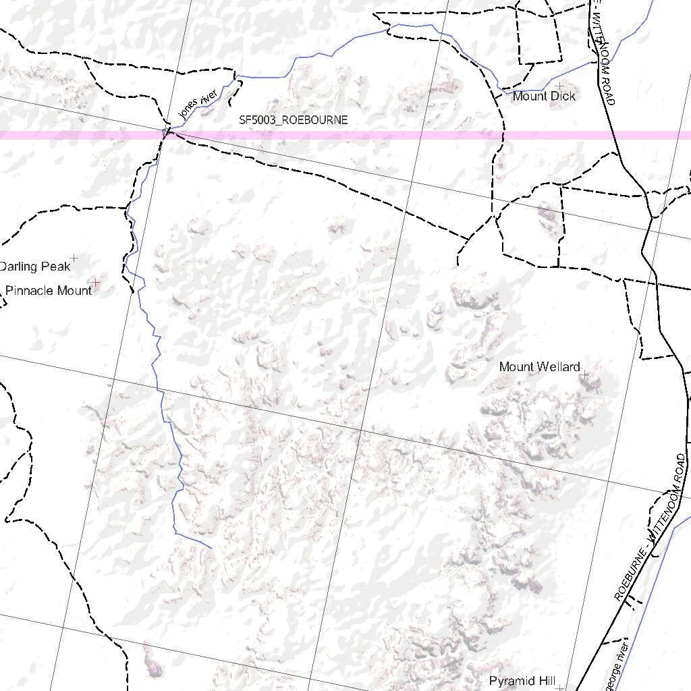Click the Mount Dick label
(544, 96)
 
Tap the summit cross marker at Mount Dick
(559, 86)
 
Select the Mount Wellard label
(539, 367)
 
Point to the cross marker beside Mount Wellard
(584, 373)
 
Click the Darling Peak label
(34, 267)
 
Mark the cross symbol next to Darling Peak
(74, 258)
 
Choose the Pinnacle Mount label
(48, 291)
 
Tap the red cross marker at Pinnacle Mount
(95, 282)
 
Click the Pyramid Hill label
(522, 681)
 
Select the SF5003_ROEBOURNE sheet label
(294, 120)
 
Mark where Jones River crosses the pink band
(166, 134)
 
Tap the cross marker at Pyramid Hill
(560, 688)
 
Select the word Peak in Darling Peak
(56, 267)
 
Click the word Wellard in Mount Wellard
(559, 367)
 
